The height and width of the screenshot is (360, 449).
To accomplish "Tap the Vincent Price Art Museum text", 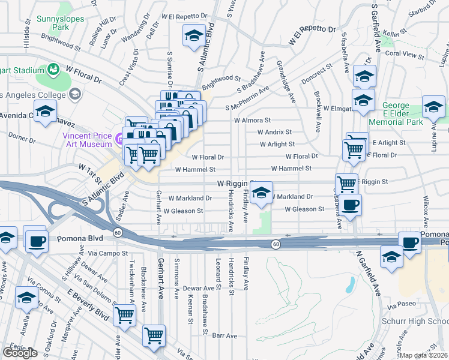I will click(87, 139).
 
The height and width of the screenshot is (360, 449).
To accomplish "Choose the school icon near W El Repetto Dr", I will click(194, 35).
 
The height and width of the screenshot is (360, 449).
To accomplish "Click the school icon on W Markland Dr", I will click(261, 193).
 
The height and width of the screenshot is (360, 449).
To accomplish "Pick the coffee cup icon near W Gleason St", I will click(351, 204).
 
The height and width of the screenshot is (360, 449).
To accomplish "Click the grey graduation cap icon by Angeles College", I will click(75, 94).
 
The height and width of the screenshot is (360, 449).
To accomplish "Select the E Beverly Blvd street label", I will click(88, 305).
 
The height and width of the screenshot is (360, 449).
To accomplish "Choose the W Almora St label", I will click(253, 120).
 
